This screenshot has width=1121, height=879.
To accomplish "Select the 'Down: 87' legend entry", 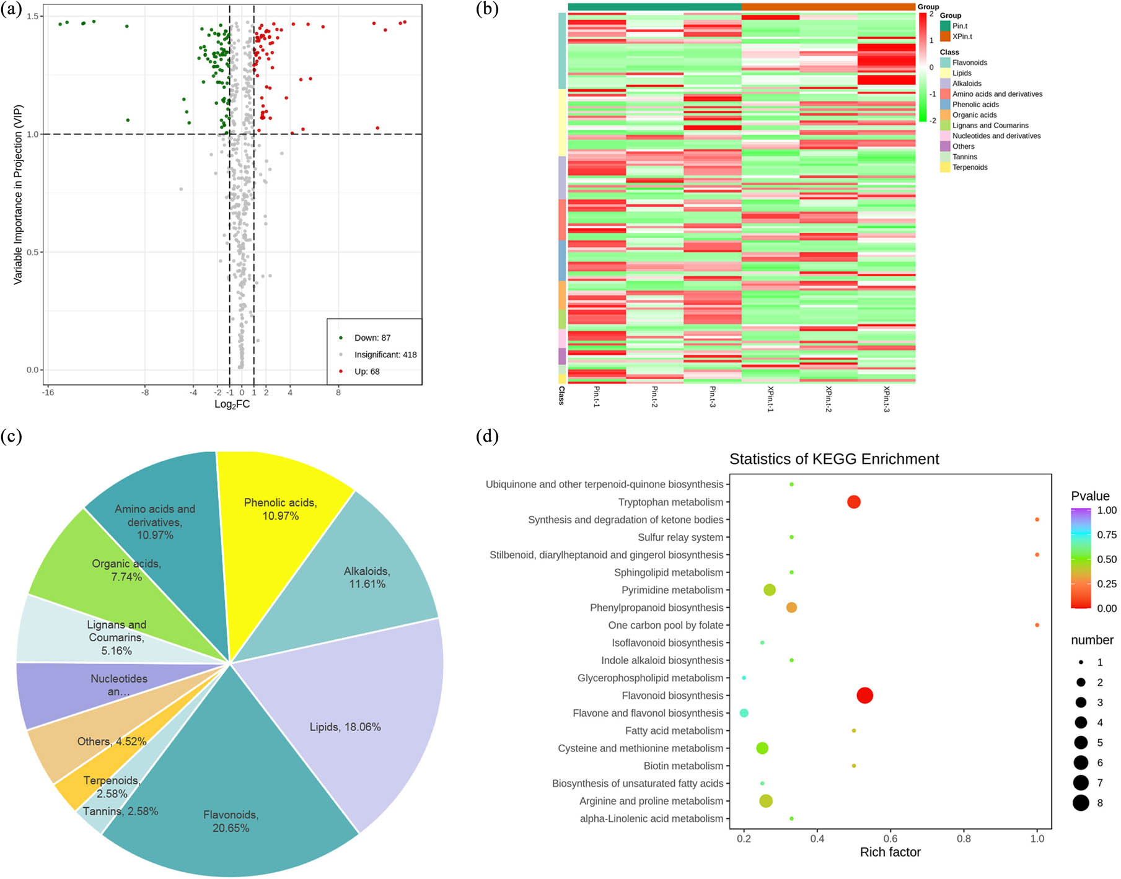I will click(x=372, y=338).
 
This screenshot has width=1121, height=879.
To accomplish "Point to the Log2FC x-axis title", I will click(x=232, y=405).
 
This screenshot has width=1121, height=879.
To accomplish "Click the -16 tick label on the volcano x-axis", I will click(x=48, y=393).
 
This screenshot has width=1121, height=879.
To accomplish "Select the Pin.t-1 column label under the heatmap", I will click(x=597, y=396).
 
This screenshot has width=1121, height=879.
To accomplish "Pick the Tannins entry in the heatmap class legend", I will click(x=964, y=157).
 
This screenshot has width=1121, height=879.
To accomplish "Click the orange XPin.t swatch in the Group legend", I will click(x=945, y=37).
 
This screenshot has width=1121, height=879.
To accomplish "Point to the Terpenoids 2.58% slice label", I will click(x=112, y=787).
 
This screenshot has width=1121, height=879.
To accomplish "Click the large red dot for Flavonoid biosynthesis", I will click(x=864, y=696).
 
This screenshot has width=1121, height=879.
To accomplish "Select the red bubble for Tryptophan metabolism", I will click(x=853, y=502).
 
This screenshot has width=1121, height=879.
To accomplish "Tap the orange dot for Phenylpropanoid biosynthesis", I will click(x=791, y=608).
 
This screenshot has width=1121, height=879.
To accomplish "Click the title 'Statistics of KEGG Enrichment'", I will click(x=834, y=459).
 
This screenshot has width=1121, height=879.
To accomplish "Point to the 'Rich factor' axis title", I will click(x=890, y=852).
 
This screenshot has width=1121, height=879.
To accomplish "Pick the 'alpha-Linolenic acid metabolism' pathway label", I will click(x=651, y=819).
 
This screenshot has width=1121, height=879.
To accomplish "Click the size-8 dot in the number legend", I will click(x=1081, y=803).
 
